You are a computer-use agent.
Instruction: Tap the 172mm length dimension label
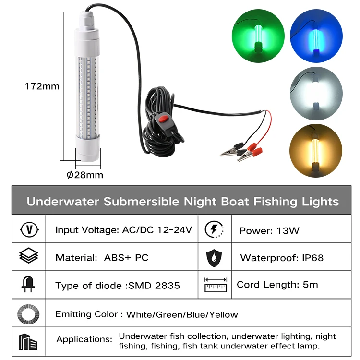(42, 86)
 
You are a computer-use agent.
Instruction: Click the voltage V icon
(29, 229)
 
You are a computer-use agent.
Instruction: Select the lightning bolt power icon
(214, 229)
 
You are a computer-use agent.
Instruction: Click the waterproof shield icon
(214, 258)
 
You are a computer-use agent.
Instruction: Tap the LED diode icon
(29, 285)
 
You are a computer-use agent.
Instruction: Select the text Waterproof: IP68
(282, 258)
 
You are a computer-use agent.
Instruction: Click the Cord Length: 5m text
(277, 284)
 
